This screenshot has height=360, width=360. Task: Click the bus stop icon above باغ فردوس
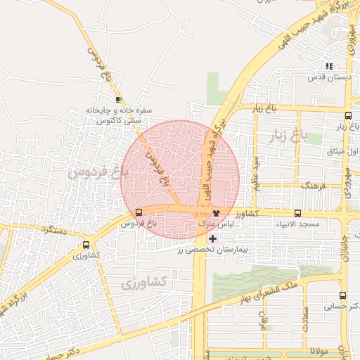[138, 212]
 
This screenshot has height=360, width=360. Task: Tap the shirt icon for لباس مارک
[216, 212]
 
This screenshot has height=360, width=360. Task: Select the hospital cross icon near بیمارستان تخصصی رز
[213, 239]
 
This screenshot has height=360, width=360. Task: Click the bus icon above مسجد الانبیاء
[297, 212]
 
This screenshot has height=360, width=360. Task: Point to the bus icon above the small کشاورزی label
[86, 245]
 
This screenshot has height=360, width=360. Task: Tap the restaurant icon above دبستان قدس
[330, 66]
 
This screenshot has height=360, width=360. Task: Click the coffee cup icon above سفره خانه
[118, 100]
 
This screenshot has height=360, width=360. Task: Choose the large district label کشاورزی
[143, 283]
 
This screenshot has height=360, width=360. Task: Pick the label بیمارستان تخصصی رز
[214, 250]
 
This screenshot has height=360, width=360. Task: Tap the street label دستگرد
[53, 229]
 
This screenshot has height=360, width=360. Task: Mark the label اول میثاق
[345, 152]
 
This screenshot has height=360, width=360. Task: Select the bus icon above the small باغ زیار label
[349, 116]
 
